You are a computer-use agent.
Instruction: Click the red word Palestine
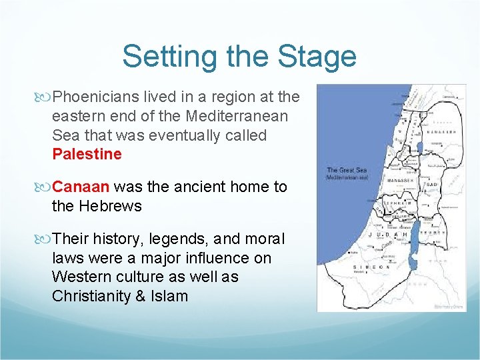pyautogui.click(x=87, y=155)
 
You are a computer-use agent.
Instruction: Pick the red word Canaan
pyautogui.click(x=81, y=187)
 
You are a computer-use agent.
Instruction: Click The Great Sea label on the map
pyautogui.click(x=345, y=171)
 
